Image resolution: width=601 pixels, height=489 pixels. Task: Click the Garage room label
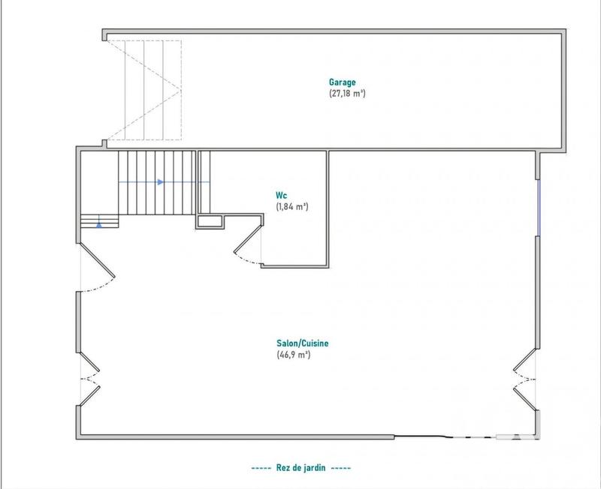tap(342, 82)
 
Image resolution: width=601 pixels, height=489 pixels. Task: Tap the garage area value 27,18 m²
tap(346, 94)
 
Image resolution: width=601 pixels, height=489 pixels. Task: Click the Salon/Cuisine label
tap(302, 343)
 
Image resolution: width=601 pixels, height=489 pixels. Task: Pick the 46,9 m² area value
tap(294, 355)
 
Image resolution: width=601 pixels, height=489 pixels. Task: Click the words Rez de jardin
tap(301, 467)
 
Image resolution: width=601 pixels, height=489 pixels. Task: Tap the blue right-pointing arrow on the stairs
tap(160, 182)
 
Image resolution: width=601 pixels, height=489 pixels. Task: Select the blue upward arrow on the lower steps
tap(99, 223)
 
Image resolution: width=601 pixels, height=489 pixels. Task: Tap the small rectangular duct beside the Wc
tap(210, 221)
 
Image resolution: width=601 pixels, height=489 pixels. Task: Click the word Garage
tap(342, 82)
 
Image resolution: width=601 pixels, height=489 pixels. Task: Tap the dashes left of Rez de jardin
tap(260, 467)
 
